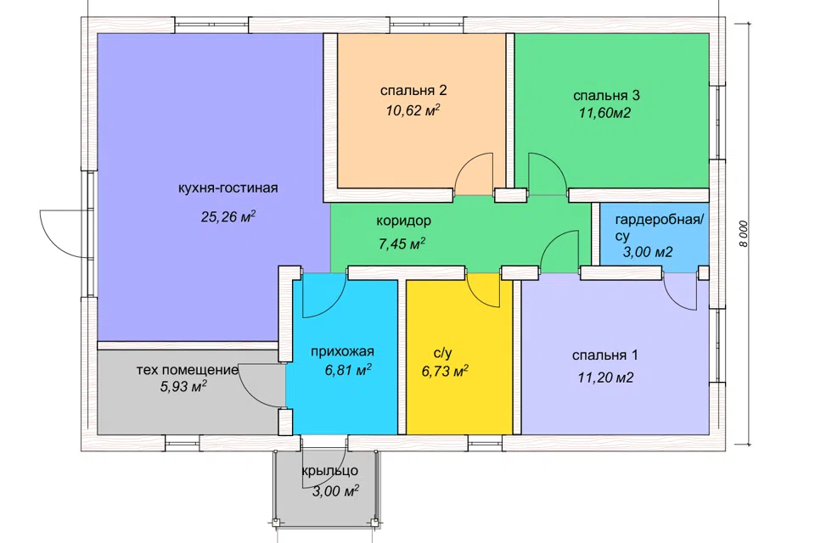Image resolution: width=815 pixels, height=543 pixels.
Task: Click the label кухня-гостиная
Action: coord(228,188)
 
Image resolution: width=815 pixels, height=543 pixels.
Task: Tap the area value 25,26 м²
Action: coord(228,216)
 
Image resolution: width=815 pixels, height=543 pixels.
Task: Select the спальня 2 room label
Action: coord(413,91)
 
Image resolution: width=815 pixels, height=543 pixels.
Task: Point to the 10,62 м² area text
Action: coord(413,110)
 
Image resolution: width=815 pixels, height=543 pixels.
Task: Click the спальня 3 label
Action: coord(606,96)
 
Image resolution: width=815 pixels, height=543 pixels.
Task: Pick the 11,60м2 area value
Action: coord(605,114)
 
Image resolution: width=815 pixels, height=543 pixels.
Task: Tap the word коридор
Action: coord(404,221)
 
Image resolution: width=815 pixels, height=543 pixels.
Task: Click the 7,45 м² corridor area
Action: coord(402,244)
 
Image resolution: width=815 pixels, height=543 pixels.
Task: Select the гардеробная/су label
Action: coord(659,227)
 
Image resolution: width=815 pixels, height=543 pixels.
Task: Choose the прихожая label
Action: coord(342,352)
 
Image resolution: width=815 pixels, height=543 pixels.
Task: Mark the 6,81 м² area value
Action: coord(348,370)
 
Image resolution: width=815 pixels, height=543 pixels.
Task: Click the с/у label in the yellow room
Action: coord(443,353)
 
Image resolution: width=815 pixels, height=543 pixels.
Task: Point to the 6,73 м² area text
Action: coord(445,372)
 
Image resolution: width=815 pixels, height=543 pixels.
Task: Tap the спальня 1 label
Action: coord(604,355)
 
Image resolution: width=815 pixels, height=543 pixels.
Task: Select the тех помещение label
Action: coord(187,370)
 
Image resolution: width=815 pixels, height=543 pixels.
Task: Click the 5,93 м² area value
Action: coord(183,387)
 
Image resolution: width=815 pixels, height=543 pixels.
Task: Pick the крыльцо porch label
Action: coord(330,471)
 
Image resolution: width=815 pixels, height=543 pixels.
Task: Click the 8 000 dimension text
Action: coord(744,234)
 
